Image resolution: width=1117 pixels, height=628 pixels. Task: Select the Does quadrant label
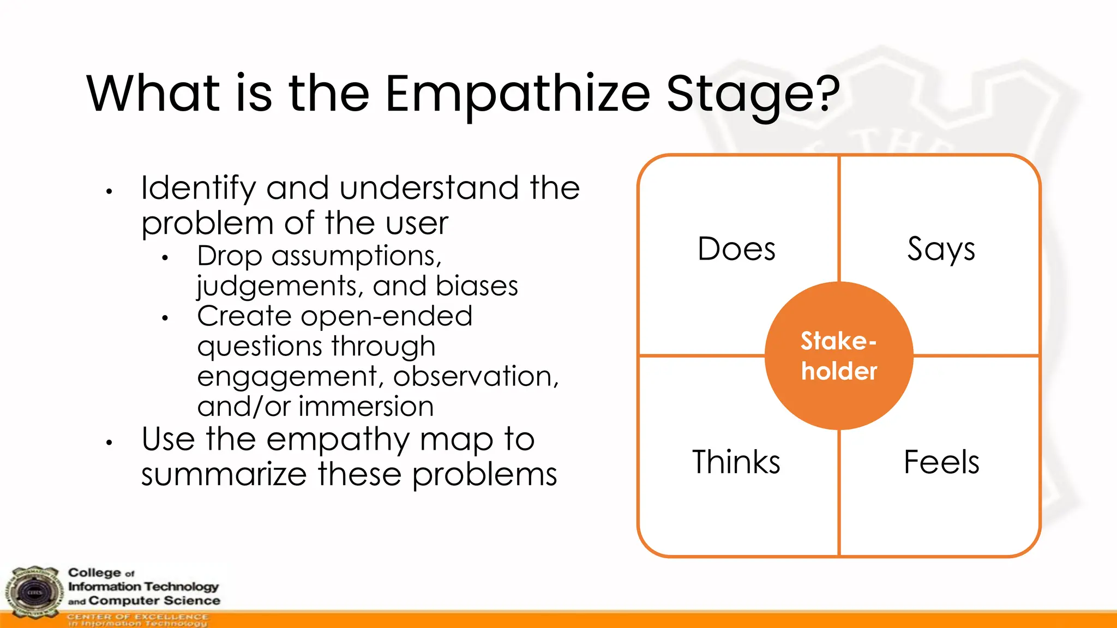pyautogui.click(x=736, y=249)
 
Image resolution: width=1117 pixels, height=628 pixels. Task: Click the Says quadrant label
pyautogui.click(x=941, y=249)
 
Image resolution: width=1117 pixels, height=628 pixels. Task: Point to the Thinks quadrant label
pyautogui.click(x=736, y=462)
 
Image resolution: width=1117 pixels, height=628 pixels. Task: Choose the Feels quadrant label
pyautogui.click(x=941, y=462)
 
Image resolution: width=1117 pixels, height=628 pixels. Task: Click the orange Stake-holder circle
pyautogui.click(x=839, y=356)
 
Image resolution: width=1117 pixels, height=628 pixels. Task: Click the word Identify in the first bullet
pyautogui.click(x=198, y=188)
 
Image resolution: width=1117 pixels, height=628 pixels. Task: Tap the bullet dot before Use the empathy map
pyautogui.click(x=109, y=443)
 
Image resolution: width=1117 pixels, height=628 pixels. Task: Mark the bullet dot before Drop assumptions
pyautogui.click(x=165, y=258)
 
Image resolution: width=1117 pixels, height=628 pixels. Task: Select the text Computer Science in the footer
pyautogui.click(x=154, y=601)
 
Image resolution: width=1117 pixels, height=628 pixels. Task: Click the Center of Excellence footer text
pyautogui.click(x=137, y=617)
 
